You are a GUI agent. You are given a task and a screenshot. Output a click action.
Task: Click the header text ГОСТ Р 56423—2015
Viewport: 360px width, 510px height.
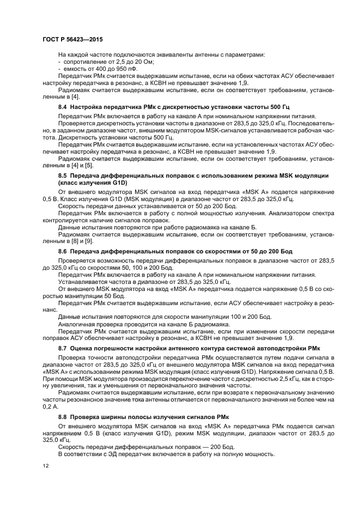click(x=72, y=40)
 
